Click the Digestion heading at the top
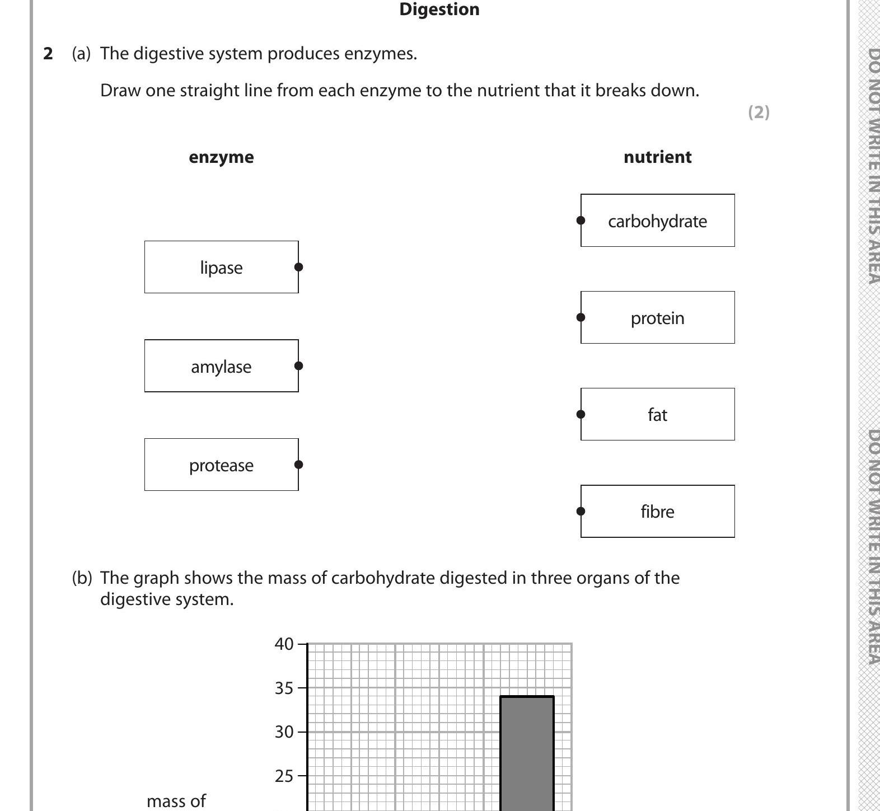439,10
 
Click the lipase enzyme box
221,268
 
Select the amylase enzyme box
221,366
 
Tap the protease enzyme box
221,465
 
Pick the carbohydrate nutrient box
657,221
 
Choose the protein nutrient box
657,317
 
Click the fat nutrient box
657,414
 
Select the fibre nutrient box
657,511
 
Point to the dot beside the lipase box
298,267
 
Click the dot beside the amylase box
298,365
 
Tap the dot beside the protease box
298,464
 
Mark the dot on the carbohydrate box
581,221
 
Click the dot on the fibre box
581,510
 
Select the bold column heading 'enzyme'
221,157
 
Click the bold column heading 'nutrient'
657,157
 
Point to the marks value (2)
759,112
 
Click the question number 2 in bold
48,54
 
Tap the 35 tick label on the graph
284,688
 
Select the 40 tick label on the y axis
284,644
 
